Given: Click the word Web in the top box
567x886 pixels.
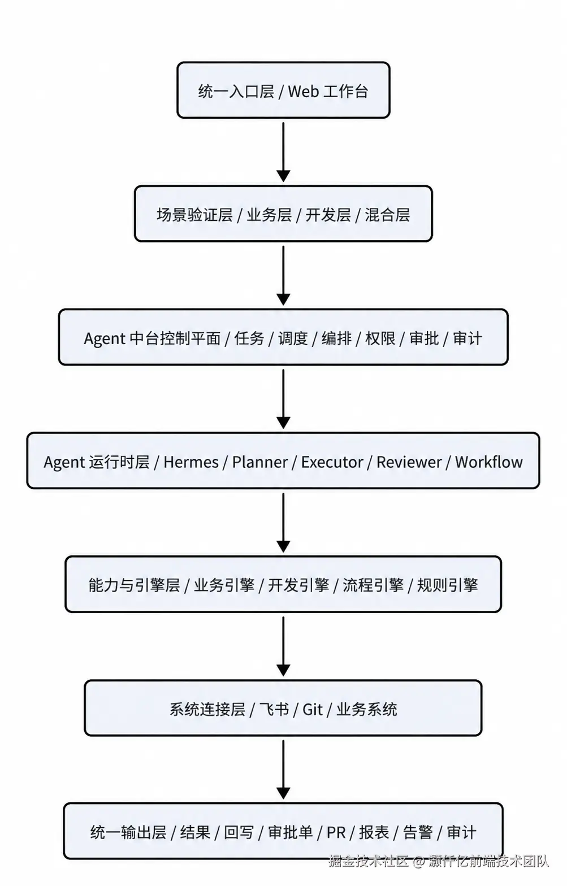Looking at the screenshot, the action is [x=303, y=92].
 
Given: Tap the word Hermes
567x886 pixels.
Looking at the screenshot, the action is [x=191, y=462].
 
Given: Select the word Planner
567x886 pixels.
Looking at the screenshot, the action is [x=259, y=462].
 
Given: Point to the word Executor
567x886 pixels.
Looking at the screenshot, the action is [x=332, y=462].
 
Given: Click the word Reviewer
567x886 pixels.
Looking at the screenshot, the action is [x=409, y=462].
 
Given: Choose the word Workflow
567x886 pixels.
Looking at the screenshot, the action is [x=489, y=462].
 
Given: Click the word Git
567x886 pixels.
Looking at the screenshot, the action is [x=313, y=709].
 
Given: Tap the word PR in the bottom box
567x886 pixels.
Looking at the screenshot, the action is [x=336, y=833].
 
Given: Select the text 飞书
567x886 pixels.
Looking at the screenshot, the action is [x=274, y=709].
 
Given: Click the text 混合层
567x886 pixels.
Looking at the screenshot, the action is [x=387, y=215].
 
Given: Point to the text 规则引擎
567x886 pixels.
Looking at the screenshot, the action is [x=448, y=585].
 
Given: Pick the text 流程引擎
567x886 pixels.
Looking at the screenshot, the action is [x=373, y=585].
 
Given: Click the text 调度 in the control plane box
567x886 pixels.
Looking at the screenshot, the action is [x=293, y=338].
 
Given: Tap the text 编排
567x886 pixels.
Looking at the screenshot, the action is [x=336, y=338].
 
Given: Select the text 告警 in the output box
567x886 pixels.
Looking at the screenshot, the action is [x=417, y=833].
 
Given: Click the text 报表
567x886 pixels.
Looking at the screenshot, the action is [x=374, y=833].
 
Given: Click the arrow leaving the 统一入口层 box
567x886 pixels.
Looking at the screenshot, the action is [x=283, y=152].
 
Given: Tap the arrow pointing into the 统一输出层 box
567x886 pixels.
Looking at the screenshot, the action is [x=283, y=770].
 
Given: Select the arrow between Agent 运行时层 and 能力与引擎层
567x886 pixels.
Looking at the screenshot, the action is [x=283, y=523].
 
